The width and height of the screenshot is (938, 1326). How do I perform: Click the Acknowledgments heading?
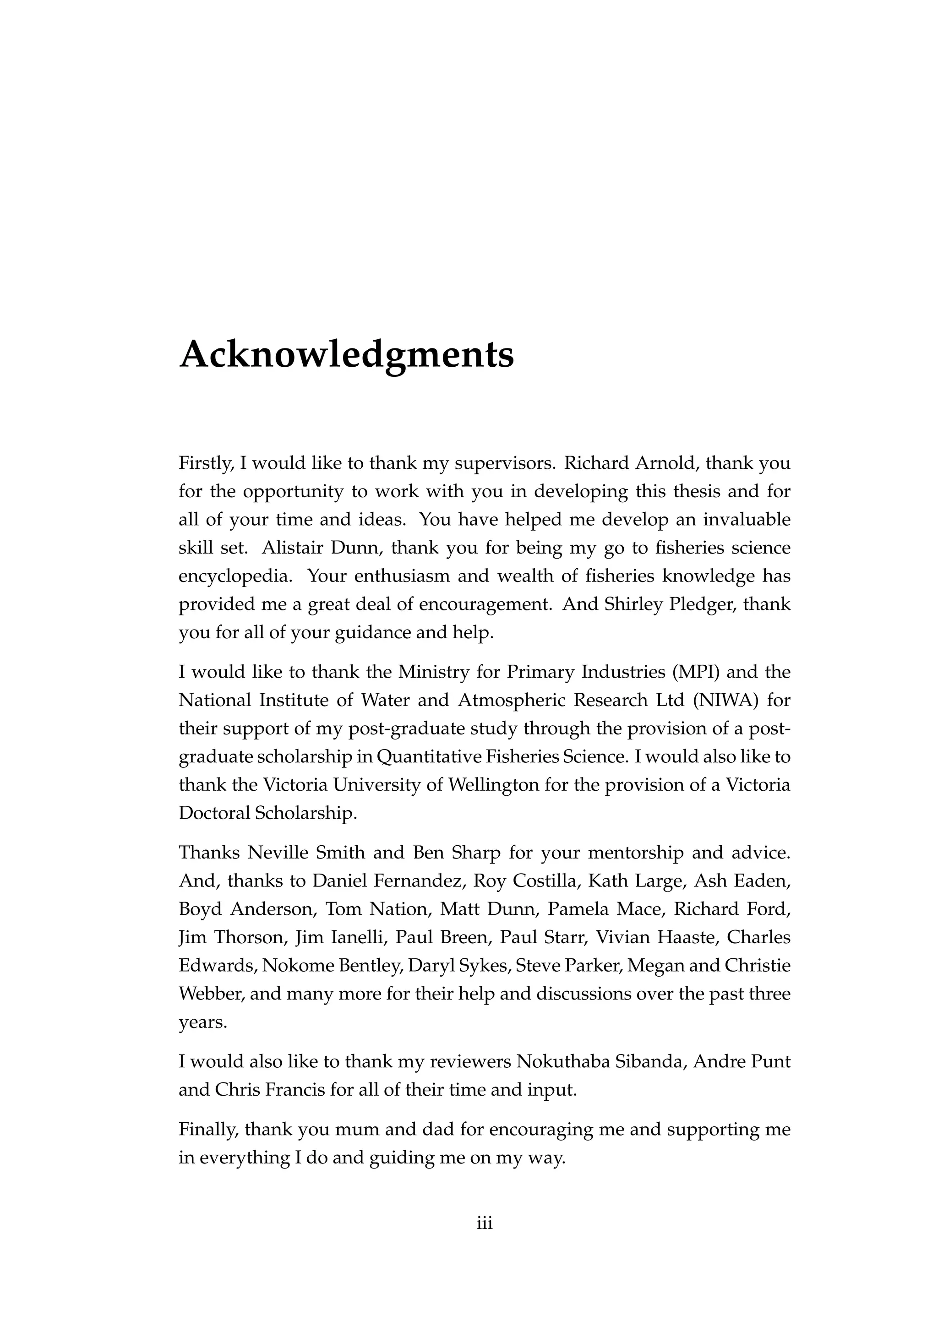click(347, 354)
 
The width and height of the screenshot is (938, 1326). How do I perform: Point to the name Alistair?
click(292, 548)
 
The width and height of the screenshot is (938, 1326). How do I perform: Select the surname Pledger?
click(701, 604)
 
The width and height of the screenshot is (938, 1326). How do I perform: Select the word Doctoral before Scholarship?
click(214, 813)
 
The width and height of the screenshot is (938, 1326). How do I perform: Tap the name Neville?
click(276, 853)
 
